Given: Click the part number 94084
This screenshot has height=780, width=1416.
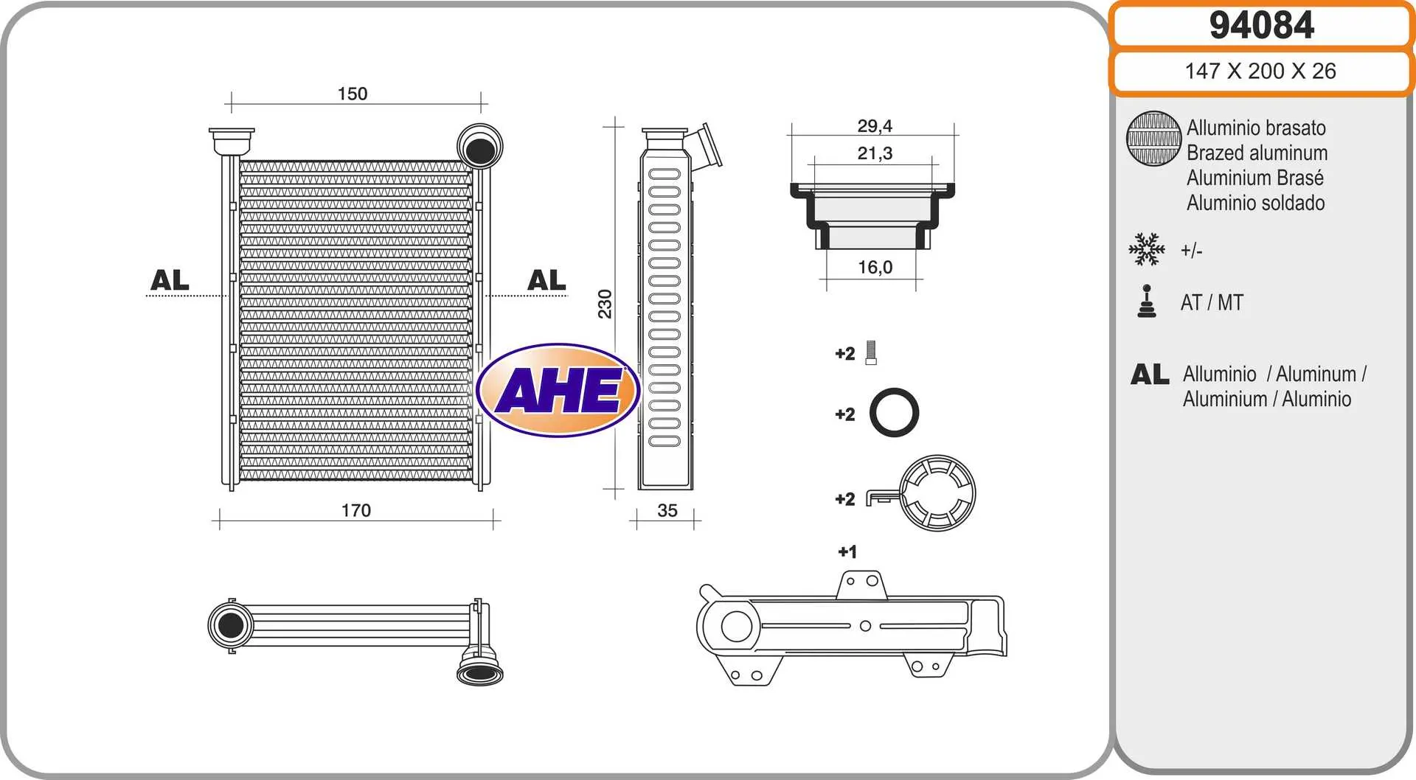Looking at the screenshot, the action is tap(1261, 25).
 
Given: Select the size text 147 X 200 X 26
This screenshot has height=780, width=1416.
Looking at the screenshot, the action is tap(1260, 71).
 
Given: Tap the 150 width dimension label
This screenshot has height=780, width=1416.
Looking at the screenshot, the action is tap(353, 94).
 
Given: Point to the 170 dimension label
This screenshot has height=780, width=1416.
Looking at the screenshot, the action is tap(356, 510).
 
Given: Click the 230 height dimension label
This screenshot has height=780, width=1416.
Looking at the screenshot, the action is tap(605, 304).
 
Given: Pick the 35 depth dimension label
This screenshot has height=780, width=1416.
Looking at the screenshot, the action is tap(667, 510).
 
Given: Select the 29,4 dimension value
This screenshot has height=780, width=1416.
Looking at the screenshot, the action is tap(875, 126).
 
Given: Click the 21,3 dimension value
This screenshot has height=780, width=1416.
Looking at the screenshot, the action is tap(875, 153).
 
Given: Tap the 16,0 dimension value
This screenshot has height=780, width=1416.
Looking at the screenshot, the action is tap(875, 267).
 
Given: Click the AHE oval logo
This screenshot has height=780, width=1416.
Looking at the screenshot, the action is tap(558, 390).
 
